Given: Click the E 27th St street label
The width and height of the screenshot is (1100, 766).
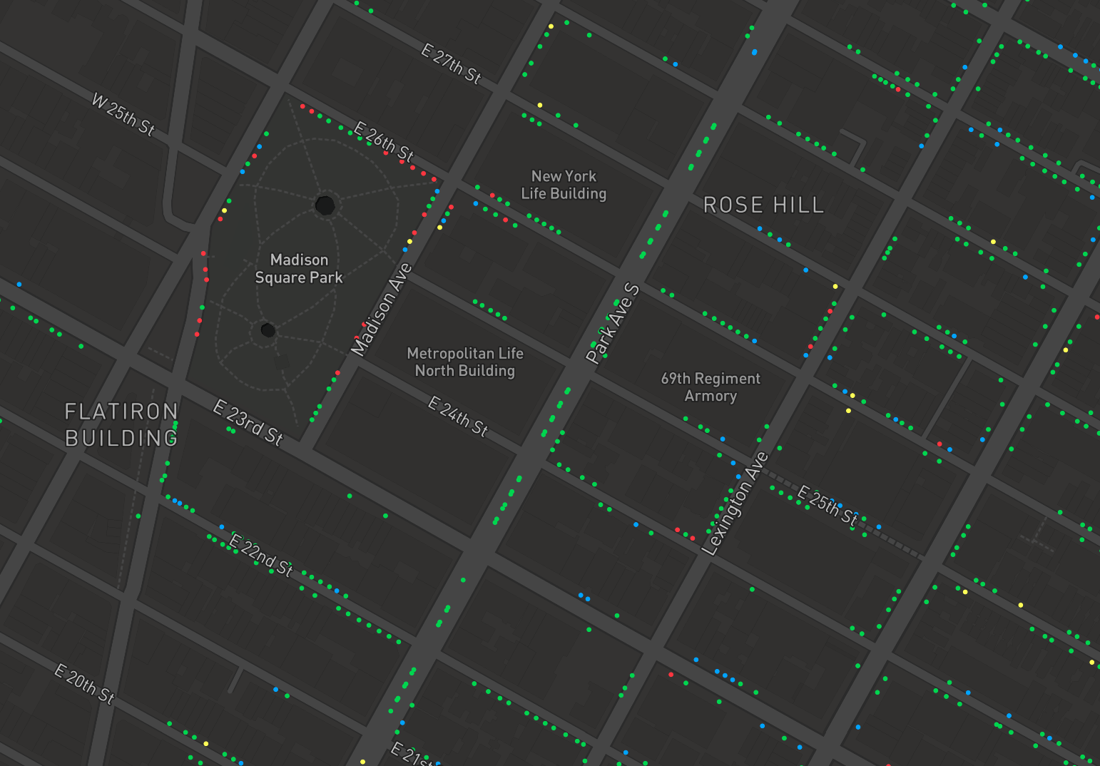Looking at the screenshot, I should tap(451, 63).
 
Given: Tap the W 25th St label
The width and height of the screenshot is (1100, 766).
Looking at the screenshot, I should tap(123, 114).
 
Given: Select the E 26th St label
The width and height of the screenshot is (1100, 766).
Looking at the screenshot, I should tap(383, 141).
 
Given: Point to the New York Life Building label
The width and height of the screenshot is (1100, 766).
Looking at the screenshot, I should tap(564, 185).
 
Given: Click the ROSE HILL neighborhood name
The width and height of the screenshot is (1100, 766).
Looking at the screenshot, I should tap(763, 205).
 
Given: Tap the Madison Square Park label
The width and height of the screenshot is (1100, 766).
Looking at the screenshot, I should tap(299, 269).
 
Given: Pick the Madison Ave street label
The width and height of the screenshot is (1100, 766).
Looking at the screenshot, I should tap(382, 310).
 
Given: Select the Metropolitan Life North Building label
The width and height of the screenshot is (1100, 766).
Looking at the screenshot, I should tap(464, 362).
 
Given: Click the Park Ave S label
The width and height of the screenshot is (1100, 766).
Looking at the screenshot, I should tap(613, 323).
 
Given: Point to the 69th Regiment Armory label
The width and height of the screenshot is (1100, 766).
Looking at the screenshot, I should tap(711, 387).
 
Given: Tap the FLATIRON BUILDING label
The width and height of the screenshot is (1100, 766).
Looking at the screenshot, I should tap(121, 425).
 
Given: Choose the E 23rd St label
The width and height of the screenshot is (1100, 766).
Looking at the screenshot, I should tap(248, 422).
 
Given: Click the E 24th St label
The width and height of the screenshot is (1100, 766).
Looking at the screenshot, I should tap(458, 417).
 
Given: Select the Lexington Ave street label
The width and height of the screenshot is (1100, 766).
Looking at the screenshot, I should tap(735, 504).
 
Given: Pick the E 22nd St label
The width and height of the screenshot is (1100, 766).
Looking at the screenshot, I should tap(261, 555).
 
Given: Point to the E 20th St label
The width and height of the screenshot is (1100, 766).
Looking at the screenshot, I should tap(84, 683).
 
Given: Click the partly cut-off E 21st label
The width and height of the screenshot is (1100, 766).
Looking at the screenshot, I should tap(411, 755).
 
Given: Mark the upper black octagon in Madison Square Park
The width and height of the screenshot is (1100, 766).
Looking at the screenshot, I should tap(325, 205).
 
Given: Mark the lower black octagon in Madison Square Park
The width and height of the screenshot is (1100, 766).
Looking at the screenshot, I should tap(268, 330).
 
